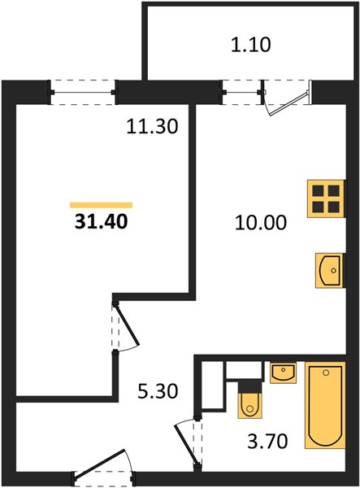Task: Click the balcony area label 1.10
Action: [251, 45]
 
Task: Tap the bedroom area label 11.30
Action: [152, 127]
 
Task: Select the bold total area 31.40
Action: [102, 222]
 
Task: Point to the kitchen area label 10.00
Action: [261, 223]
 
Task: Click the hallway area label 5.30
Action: [158, 391]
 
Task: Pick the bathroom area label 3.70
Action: [267, 441]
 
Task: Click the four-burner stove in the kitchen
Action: [326, 198]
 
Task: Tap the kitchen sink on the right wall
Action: [330, 271]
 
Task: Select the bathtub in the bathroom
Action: [325, 405]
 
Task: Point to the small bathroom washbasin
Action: [283, 373]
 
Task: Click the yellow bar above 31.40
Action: [102, 205]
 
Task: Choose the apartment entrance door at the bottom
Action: [99, 464]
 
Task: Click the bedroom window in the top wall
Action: [83, 93]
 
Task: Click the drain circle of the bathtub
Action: [326, 373]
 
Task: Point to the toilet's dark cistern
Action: [249, 387]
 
